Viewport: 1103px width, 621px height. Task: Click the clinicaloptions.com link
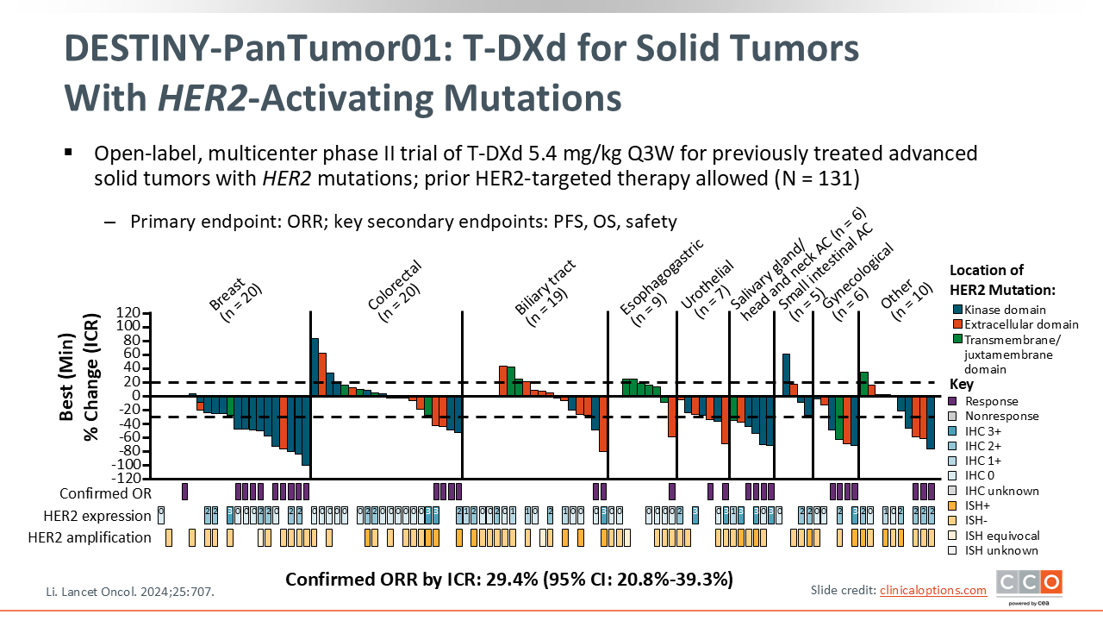[x=933, y=590]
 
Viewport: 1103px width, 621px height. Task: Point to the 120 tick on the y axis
[x=128, y=312]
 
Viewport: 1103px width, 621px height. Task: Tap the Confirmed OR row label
[x=105, y=493]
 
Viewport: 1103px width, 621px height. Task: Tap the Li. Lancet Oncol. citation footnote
[x=129, y=593]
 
